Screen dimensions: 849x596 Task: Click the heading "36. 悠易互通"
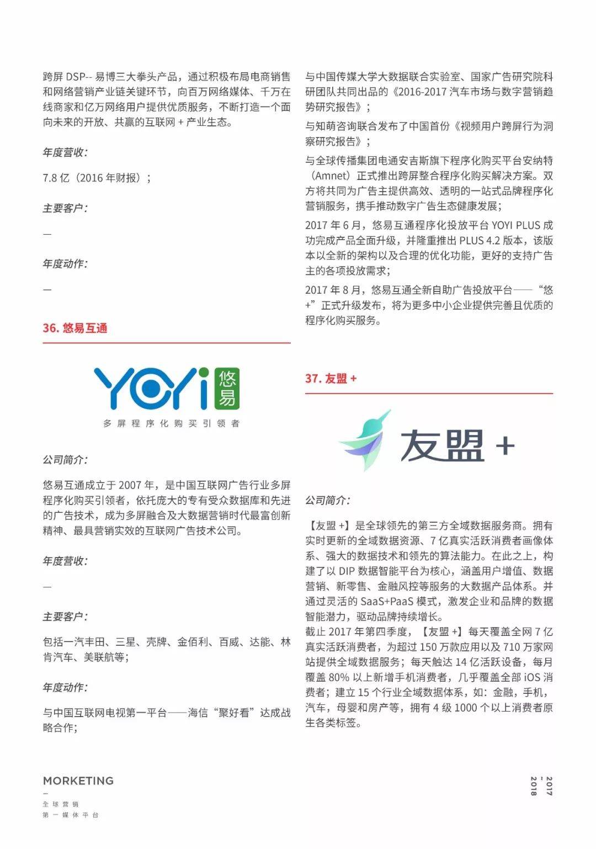pyautogui.click(x=75, y=328)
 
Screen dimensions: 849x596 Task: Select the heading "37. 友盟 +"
pyautogui.click(x=331, y=379)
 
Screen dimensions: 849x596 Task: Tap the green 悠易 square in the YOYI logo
pyautogui.click(x=227, y=388)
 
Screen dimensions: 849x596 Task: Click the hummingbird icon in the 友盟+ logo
pyautogui.click(x=366, y=441)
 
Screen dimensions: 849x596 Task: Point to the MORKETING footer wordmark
pyautogui.click(x=78, y=781)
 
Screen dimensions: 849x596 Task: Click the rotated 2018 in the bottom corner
pyautogui.click(x=534, y=786)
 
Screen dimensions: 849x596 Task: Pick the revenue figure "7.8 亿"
pyautogui.click(x=56, y=178)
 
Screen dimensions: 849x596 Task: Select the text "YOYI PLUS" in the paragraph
pyautogui.click(x=516, y=225)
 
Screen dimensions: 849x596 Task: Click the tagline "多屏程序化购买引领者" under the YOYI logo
pyautogui.click(x=171, y=423)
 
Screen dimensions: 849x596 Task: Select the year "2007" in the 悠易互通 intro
pyautogui.click(x=130, y=485)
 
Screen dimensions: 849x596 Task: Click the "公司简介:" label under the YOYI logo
pyautogui.click(x=65, y=460)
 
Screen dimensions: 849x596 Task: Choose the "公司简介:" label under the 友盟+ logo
pyautogui.click(x=328, y=500)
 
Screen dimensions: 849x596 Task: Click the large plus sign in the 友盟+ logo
pyautogui.click(x=505, y=445)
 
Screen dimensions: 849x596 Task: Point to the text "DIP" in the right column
pyautogui.click(x=347, y=571)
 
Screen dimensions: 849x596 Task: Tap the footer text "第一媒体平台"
pyautogui.click(x=71, y=815)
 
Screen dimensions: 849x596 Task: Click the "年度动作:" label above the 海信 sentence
pyautogui.click(x=65, y=687)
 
